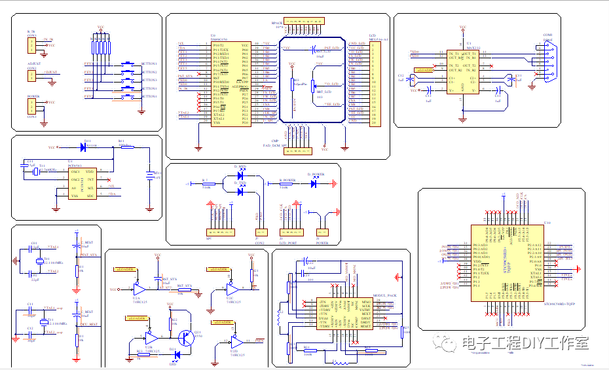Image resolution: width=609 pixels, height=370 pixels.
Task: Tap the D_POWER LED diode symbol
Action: pos(316,183)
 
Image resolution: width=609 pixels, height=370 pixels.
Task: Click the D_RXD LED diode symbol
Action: pos(241,175)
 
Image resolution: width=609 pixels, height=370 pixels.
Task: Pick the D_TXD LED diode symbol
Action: pos(241,191)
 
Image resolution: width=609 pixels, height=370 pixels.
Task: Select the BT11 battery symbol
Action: pos(150,176)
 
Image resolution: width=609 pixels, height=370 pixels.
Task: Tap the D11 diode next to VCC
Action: pos(86,147)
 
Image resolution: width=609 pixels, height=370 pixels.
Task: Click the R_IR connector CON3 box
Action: pos(31,45)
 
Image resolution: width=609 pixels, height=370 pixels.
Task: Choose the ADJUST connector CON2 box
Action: pos(31,75)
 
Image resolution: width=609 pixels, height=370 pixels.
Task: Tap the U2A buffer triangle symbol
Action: pos(138,288)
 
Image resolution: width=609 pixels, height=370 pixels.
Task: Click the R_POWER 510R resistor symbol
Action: pos(284,183)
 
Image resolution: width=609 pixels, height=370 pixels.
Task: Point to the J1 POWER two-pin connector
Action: pos(322,232)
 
